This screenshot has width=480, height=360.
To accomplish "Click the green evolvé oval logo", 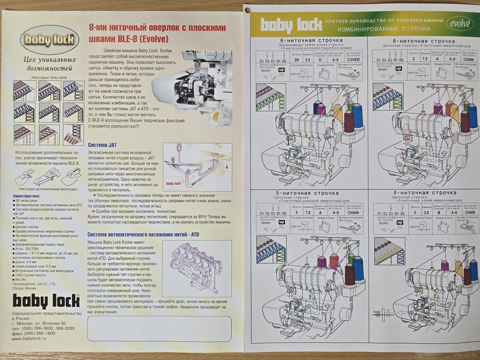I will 461,23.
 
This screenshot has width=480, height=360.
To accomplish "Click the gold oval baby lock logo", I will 43,40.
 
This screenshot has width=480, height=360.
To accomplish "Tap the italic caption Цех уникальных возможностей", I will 43,64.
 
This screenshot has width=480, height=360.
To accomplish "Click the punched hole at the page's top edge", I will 247,9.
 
